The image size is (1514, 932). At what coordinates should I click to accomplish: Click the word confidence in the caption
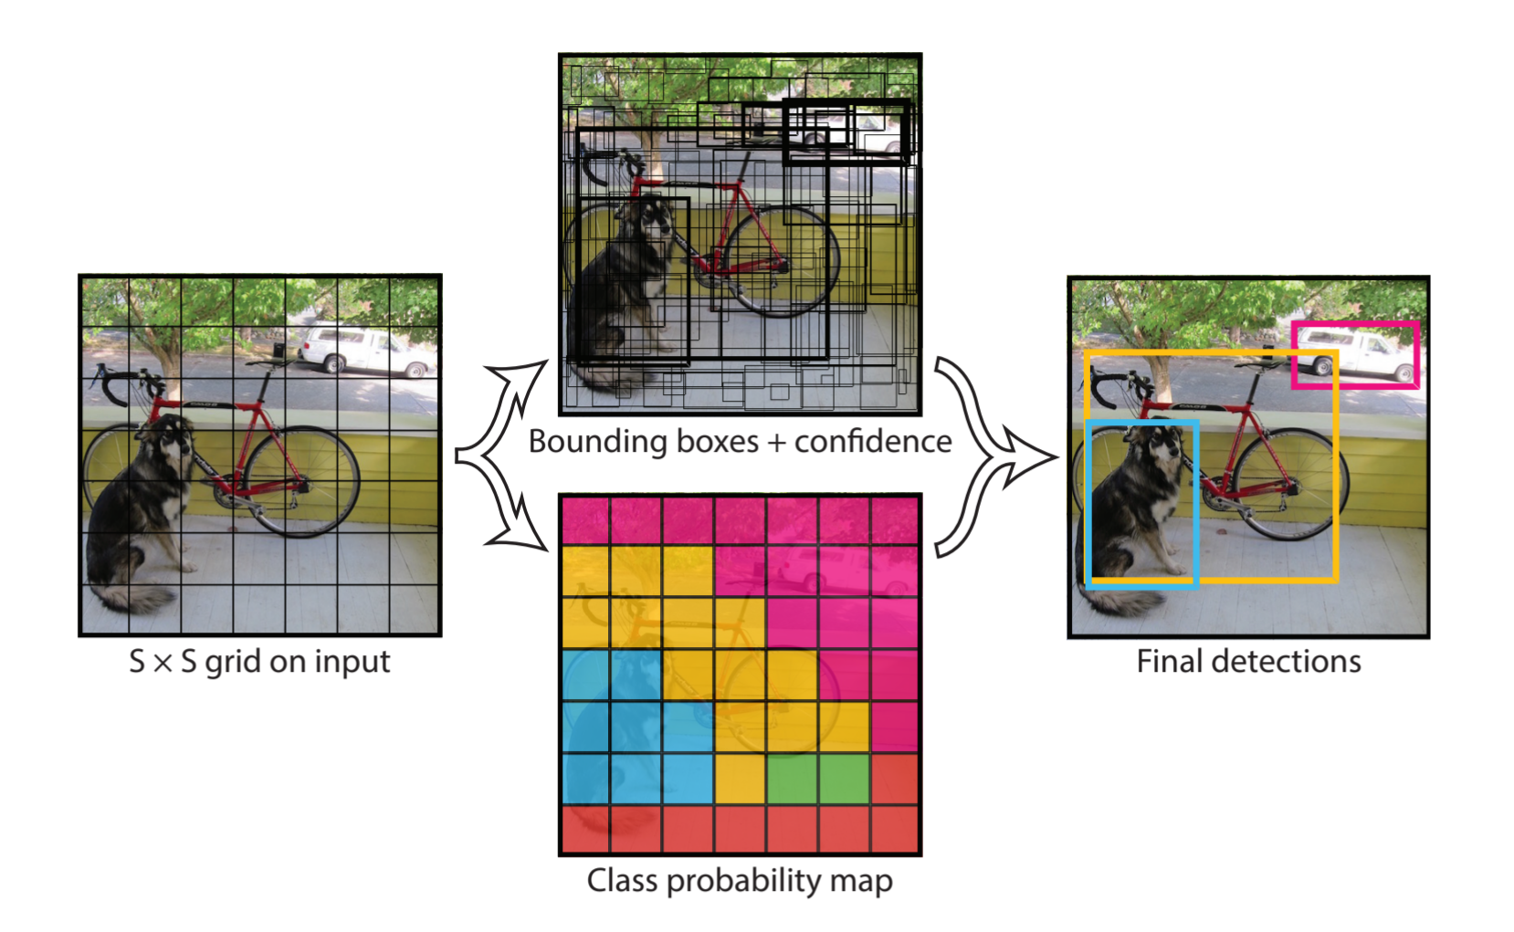(x=872, y=442)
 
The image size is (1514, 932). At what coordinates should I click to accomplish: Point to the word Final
(x=1170, y=662)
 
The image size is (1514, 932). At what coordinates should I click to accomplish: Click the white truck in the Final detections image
(x=1355, y=353)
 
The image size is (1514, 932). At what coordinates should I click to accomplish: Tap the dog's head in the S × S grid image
(x=171, y=437)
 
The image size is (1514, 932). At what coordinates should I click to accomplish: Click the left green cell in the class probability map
(x=792, y=779)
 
